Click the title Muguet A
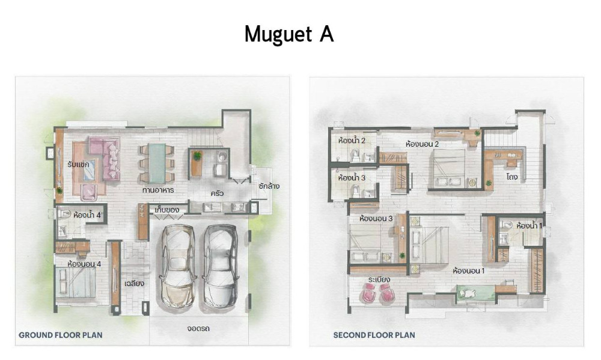coord(289,34)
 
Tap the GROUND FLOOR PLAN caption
coord(61,335)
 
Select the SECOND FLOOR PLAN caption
coord(374,335)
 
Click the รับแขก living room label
coord(78,164)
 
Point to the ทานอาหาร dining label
coord(158,190)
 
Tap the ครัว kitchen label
coord(217,194)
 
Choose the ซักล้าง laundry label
coord(269,186)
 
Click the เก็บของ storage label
coord(167,210)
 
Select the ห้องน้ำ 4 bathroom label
coord(87,215)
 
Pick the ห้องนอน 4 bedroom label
coord(84,264)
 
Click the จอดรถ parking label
coord(198,329)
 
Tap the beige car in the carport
coord(177,267)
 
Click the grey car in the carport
coord(219,267)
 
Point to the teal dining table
coord(157,163)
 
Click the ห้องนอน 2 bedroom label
coord(422,144)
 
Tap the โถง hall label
coord(511,177)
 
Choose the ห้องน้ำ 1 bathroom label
coord(529,226)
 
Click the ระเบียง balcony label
coord(379,279)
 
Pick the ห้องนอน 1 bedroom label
coord(469,270)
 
